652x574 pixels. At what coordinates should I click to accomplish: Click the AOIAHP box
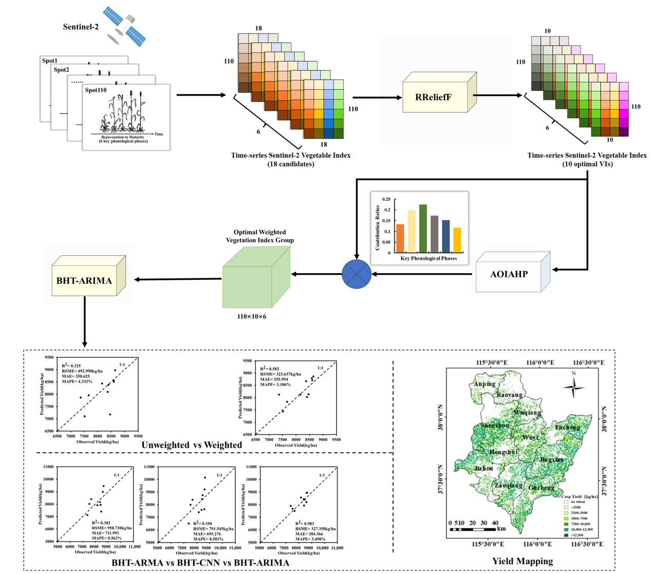(x=509, y=274)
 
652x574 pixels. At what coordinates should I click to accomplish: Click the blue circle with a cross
(x=357, y=274)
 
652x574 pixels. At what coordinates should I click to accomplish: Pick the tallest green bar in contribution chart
(x=423, y=228)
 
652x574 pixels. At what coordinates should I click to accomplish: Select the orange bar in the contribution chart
(x=400, y=239)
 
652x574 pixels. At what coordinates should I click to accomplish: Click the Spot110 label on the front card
(x=96, y=90)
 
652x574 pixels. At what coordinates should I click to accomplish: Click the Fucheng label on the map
(x=567, y=427)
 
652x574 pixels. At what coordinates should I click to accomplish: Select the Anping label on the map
(x=485, y=384)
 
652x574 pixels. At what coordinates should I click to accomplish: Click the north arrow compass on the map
(x=573, y=385)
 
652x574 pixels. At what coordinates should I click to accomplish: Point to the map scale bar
(x=473, y=529)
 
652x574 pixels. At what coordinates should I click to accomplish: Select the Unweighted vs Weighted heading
(x=192, y=445)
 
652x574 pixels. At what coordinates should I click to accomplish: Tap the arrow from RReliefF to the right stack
(x=497, y=95)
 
